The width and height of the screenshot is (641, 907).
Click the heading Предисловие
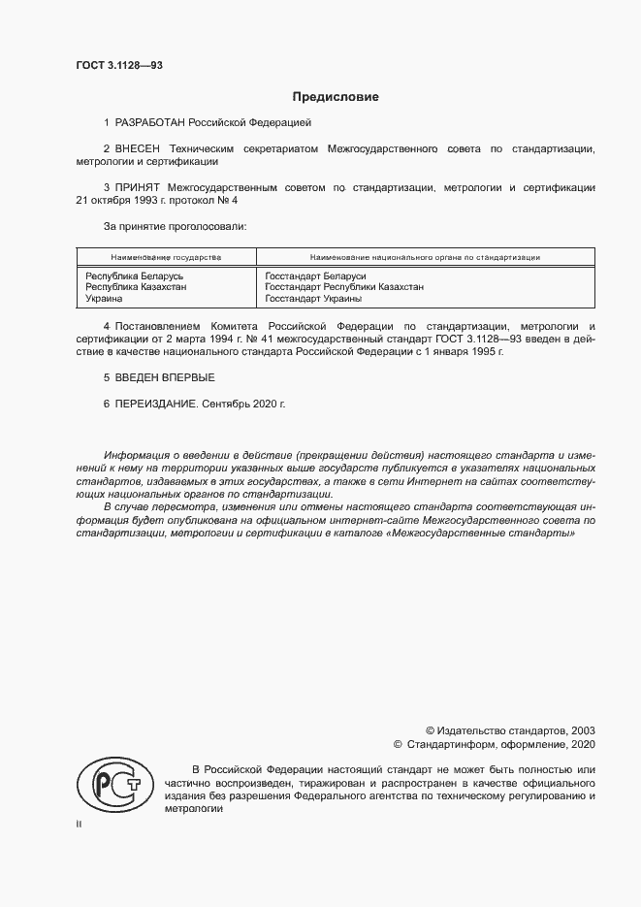[x=336, y=97]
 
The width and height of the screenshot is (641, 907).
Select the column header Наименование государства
[x=166, y=257]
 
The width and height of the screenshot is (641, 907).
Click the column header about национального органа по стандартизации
[x=425, y=257]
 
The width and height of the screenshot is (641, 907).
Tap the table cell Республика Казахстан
[x=136, y=287]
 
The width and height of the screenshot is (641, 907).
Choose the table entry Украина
[x=105, y=300]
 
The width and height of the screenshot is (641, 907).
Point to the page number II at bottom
[x=79, y=824]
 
